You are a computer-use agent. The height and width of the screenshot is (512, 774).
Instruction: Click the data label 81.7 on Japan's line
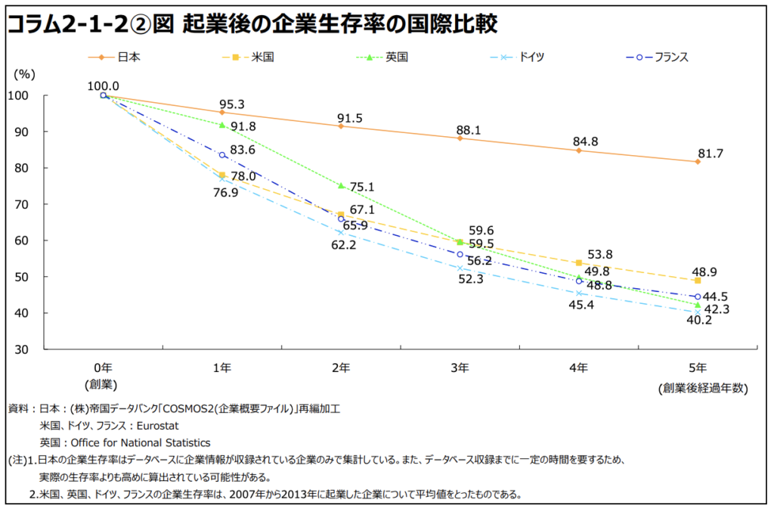pyautogui.click(x=711, y=154)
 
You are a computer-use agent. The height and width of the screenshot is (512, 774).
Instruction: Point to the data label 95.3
pyautogui.click(x=232, y=104)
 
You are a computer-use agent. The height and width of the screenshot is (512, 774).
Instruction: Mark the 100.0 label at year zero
pyautogui.click(x=104, y=86)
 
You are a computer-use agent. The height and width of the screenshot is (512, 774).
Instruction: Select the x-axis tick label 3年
pyautogui.click(x=460, y=368)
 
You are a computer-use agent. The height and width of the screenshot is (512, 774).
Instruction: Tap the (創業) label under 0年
pyautogui.click(x=104, y=385)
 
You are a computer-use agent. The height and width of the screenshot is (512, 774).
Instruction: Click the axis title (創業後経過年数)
pyautogui.click(x=702, y=388)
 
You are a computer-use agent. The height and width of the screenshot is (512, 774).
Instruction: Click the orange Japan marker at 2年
pyautogui.click(x=341, y=126)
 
